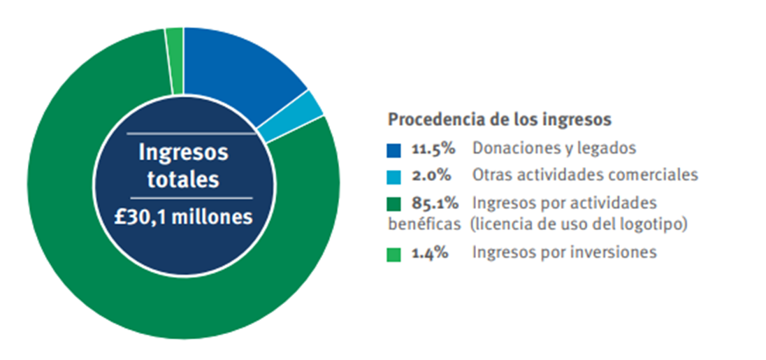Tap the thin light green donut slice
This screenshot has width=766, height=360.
[x=175, y=62]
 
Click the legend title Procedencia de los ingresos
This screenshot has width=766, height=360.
[x=499, y=120]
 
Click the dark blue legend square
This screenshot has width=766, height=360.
[x=393, y=149]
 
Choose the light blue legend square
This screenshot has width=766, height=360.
[x=393, y=175]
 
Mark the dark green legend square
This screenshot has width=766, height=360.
[x=393, y=204]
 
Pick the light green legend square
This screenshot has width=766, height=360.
[x=393, y=254]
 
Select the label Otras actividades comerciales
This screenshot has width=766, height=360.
[x=585, y=175]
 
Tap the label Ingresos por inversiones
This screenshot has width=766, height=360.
[x=564, y=253]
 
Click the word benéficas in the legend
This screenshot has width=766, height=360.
[x=424, y=224]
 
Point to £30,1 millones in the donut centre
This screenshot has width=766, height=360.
[x=184, y=217]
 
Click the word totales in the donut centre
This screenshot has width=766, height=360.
[x=183, y=180]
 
